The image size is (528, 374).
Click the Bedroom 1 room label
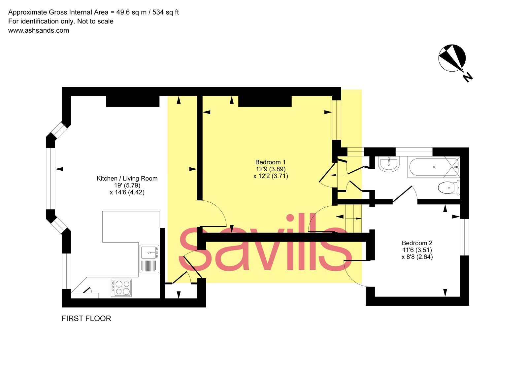[x=270, y=162]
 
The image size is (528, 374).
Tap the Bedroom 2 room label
[x=417, y=243]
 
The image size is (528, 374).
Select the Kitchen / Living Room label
[x=127, y=178]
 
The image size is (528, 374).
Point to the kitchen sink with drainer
[x=149, y=259]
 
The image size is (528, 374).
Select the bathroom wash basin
[x=389, y=164]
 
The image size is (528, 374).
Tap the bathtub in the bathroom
[x=432, y=167]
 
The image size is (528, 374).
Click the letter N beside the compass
[x=467, y=77]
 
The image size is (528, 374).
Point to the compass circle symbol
[x=452, y=58]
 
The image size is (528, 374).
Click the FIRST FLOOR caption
[x=86, y=318]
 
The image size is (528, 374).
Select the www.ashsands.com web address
[x=39, y=30]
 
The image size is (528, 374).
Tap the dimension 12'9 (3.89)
[x=271, y=169]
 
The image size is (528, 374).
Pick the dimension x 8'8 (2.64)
[x=417, y=257]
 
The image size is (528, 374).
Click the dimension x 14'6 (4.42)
[x=127, y=192]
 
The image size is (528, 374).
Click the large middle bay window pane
[x=50, y=178]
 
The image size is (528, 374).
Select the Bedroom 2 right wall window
[x=464, y=237]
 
